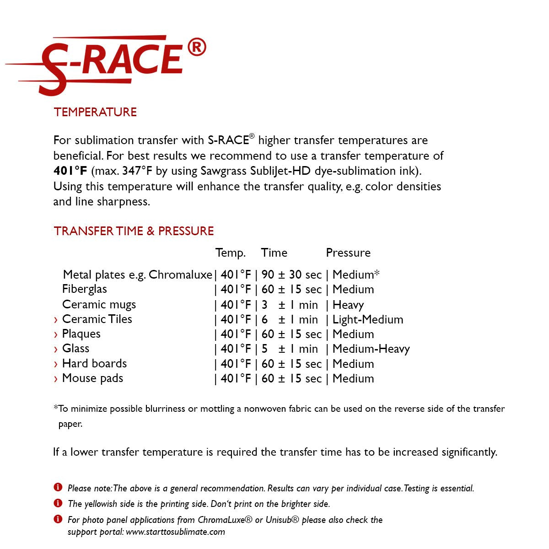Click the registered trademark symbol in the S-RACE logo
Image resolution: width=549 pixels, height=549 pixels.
pos(197,48)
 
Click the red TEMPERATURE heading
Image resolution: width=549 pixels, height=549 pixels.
pos(95,112)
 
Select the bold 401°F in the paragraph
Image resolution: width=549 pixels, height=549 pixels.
pos(70,171)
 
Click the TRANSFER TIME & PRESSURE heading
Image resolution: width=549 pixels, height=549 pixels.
pos(134,231)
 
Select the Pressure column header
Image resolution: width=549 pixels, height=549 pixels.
pos(348,253)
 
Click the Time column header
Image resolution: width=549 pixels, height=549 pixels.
pos(274,253)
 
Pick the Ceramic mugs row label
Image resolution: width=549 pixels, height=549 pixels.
pos(99,305)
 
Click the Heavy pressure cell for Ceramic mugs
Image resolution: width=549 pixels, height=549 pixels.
pos(348,305)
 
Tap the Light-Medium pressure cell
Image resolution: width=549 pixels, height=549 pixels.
pos(367,320)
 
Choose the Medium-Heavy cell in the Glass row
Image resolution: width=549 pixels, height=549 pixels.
pos(371,349)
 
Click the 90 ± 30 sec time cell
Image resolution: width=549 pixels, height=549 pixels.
pos(291,275)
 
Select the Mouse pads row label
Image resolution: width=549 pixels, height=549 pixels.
pos(92,378)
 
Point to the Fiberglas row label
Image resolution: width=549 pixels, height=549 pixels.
pos(84,289)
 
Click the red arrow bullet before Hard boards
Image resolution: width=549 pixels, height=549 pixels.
pos(56,365)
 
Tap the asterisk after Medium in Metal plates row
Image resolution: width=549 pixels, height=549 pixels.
pos(377,274)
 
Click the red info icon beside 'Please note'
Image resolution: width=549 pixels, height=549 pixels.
pos(58,487)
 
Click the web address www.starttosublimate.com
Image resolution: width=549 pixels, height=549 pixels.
pos(175,532)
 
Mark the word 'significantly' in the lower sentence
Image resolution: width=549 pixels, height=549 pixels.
pos(469,452)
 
